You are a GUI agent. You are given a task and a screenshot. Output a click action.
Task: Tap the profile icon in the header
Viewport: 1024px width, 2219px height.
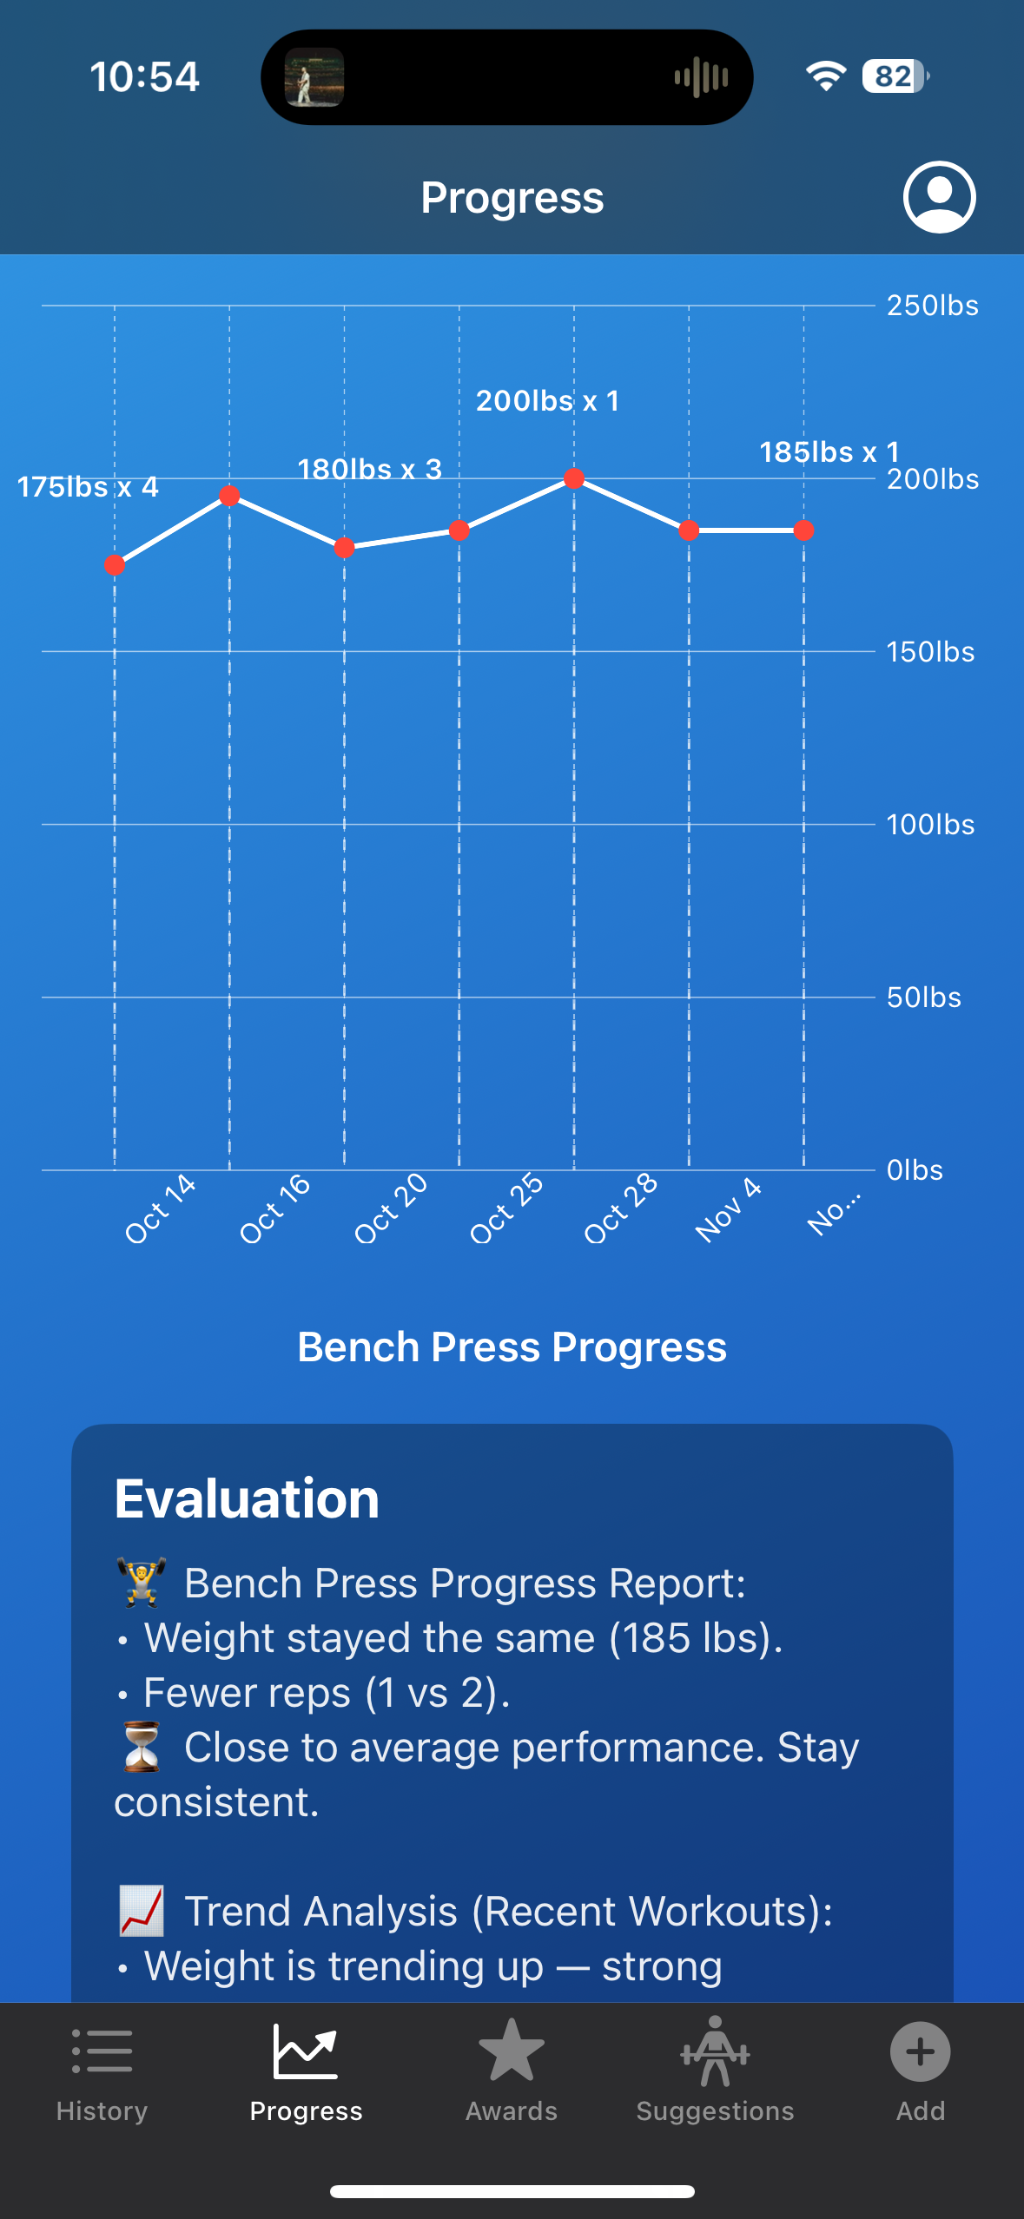point(939,197)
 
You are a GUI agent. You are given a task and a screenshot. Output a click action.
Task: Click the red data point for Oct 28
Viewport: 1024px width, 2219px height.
point(574,478)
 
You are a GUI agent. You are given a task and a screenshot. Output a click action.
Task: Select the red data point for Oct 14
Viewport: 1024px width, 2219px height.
point(115,566)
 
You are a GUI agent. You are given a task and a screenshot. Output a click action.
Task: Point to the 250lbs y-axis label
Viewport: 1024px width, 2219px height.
point(932,306)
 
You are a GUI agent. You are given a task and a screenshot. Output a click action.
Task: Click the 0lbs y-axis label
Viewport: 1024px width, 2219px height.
point(915,1170)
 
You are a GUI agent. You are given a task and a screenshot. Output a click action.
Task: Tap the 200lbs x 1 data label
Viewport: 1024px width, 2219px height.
point(547,401)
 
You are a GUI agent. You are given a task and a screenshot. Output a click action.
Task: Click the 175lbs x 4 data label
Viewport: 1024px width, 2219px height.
point(88,487)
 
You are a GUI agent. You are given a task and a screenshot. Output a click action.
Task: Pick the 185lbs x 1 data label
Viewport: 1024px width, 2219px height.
point(829,452)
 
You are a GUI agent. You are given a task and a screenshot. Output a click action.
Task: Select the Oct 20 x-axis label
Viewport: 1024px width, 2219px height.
point(391,1208)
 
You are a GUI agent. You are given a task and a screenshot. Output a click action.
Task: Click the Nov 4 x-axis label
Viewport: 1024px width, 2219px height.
point(728,1209)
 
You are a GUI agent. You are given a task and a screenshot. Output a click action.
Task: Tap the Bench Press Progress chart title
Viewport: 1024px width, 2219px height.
point(512,1347)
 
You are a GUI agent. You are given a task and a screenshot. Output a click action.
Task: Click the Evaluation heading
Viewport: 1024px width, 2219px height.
point(247,1498)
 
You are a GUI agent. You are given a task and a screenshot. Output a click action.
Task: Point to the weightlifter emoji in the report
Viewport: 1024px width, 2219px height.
point(142,1583)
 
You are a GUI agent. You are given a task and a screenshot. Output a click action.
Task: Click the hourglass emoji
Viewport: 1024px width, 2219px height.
point(142,1747)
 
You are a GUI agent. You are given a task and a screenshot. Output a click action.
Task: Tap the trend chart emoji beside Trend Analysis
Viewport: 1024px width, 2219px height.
point(142,1911)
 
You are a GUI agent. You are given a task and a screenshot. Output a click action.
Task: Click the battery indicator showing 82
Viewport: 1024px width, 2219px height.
point(895,76)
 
